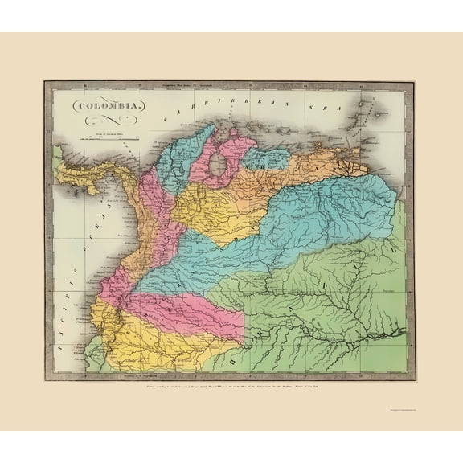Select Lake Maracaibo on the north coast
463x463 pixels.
[x=217, y=165]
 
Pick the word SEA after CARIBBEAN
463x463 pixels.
[x=297, y=101]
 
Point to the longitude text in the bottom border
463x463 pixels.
[x=145, y=375]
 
